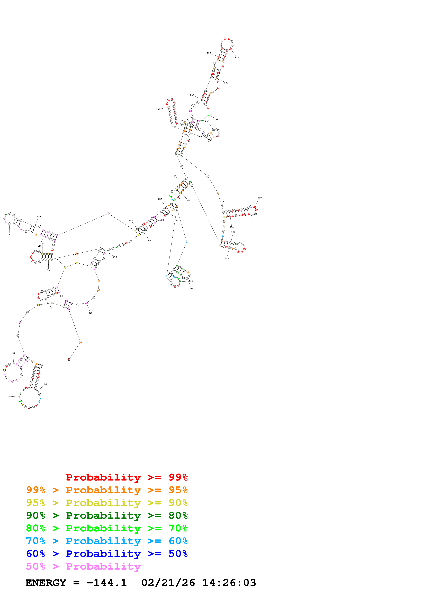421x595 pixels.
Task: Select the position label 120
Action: pos(9,235)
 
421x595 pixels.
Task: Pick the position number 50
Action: pos(14,353)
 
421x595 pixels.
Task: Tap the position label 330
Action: pos(191,289)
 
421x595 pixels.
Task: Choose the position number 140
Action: pos(131,220)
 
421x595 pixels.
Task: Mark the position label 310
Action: pos(227,258)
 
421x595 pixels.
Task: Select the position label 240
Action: pos(218,119)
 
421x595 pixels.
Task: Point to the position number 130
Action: pos(39,216)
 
